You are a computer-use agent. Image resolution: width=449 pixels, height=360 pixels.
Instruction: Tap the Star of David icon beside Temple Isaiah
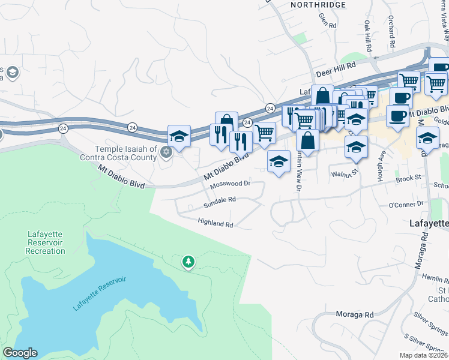point(166,151)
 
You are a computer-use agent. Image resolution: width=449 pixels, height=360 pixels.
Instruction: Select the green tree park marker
point(188,262)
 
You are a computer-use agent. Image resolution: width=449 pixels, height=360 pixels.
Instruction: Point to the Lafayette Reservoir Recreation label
point(45,242)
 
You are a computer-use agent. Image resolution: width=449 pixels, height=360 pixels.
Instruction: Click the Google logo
point(20,353)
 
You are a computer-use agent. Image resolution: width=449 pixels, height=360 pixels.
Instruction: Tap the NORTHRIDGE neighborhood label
point(318,5)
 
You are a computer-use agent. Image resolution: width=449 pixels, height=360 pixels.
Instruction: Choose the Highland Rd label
point(215,223)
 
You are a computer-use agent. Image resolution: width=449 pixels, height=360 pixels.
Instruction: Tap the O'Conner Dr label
point(407,205)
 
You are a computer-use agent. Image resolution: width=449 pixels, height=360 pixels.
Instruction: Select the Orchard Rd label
point(391,32)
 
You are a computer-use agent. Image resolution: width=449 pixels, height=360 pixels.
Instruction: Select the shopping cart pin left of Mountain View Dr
point(264,133)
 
